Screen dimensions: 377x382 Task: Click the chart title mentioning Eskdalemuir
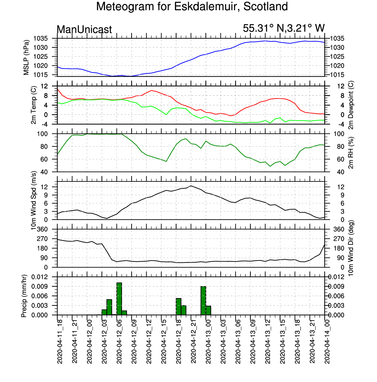coord(192,7)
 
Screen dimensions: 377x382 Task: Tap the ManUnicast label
coord(84,30)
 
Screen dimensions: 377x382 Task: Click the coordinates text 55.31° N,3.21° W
coord(283,28)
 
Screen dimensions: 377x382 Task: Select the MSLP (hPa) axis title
coord(26,57)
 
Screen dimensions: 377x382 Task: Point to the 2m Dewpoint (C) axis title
coord(351,105)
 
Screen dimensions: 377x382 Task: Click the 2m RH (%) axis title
coord(351,153)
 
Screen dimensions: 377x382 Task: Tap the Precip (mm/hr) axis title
coord(24,296)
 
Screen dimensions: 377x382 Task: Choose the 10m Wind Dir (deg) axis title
coord(351,248)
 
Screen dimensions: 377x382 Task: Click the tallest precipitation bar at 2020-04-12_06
coord(119,299)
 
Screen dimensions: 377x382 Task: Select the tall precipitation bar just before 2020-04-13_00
coord(203,301)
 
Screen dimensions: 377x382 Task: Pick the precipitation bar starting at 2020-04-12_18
coord(179,307)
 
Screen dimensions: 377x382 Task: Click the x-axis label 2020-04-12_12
coord(149,341)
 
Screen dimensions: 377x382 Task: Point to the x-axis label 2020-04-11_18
coord(60,341)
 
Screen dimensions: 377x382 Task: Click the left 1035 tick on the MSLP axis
coord(41,38)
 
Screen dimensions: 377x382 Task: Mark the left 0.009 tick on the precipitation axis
coord(40,286)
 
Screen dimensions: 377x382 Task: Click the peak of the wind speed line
coord(191,186)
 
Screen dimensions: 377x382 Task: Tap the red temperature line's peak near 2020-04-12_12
coord(151,91)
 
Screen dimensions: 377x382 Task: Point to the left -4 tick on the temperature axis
coord(44,124)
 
